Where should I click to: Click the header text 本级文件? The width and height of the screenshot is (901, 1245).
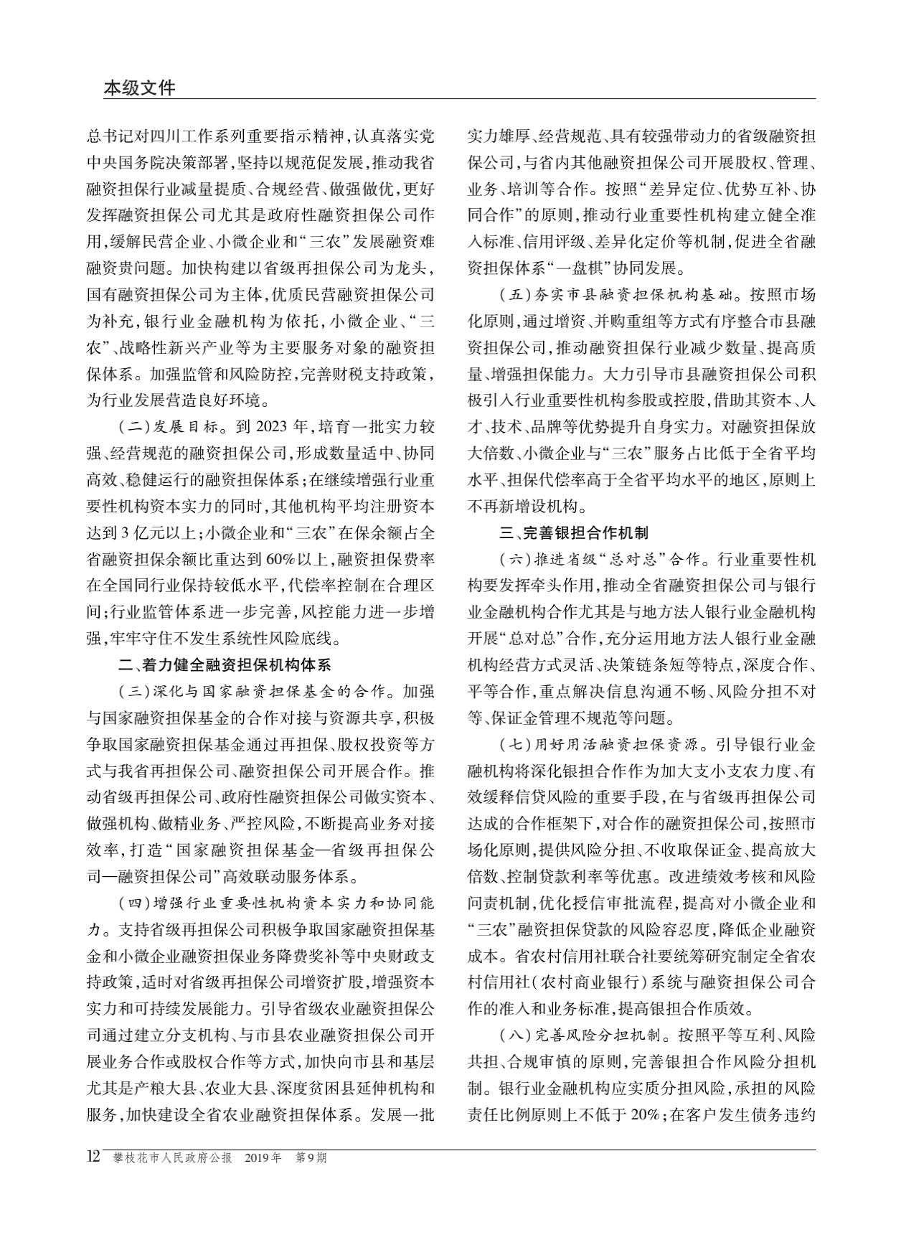click(x=139, y=88)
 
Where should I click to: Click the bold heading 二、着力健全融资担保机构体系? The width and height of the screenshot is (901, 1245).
click(x=225, y=665)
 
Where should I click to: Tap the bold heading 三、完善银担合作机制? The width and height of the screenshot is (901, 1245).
click(x=574, y=532)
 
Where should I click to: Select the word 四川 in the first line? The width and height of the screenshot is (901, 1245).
click(x=166, y=136)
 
